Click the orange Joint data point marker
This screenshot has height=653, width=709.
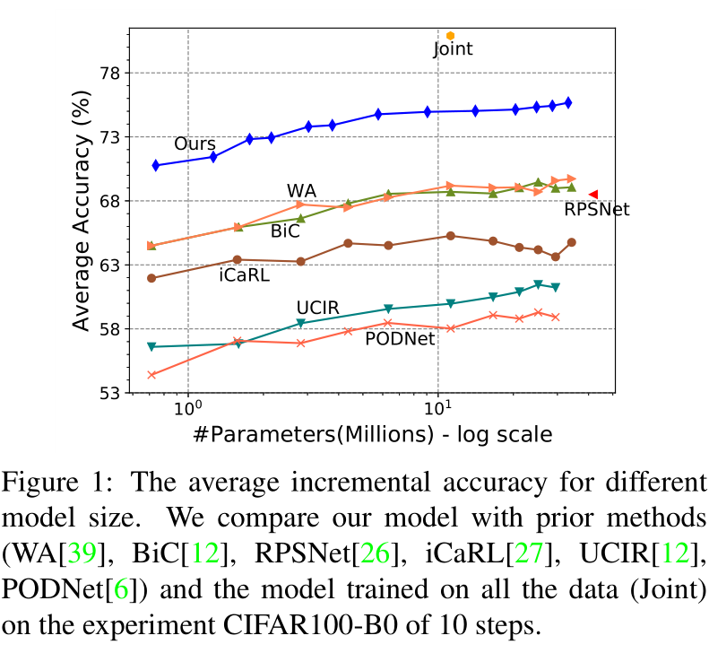(451, 35)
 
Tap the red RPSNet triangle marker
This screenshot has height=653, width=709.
(592, 194)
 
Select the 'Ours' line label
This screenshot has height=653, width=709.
(195, 144)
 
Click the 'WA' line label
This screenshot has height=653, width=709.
(301, 191)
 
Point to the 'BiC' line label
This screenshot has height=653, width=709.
(285, 231)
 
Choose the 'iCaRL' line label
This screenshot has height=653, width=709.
(244, 275)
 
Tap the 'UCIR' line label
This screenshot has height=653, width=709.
(318, 308)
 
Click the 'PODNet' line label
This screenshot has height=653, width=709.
(400, 338)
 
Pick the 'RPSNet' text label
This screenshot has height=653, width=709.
(597, 210)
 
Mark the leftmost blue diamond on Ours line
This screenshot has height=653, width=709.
(156, 165)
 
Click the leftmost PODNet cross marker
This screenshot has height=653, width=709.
(152, 374)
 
